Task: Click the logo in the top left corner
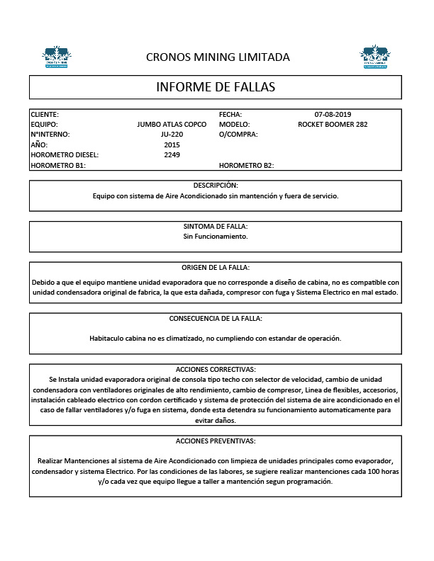point(57,57)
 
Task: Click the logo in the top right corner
point(374,57)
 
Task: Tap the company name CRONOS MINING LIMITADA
point(217,57)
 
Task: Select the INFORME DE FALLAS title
point(216,87)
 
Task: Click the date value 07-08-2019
point(333,114)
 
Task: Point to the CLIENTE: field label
point(45,114)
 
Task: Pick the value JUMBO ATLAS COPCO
point(172,124)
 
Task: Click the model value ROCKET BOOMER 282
point(333,124)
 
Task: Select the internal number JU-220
point(172,134)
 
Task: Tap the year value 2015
point(172,144)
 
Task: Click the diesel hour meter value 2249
point(172,154)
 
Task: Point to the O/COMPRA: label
point(238,134)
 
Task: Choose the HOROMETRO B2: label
point(246,165)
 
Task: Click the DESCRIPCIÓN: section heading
point(216,185)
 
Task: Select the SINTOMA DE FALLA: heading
point(216,226)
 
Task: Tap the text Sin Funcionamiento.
point(216,236)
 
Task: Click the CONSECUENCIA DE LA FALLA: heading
point(216,318)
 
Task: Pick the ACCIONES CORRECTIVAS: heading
point(216,369)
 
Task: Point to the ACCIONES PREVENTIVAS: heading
point(216,441)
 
